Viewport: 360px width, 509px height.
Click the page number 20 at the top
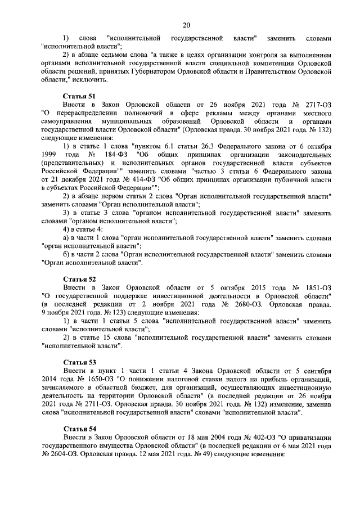tap(186, 24)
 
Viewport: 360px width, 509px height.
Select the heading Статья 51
tap(79, 97)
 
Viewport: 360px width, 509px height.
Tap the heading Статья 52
tap(79, 279)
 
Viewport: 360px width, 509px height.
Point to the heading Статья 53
tap(79, 362)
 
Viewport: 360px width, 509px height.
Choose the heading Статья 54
tap(79, 429)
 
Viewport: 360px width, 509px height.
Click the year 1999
tap(51, 155)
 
